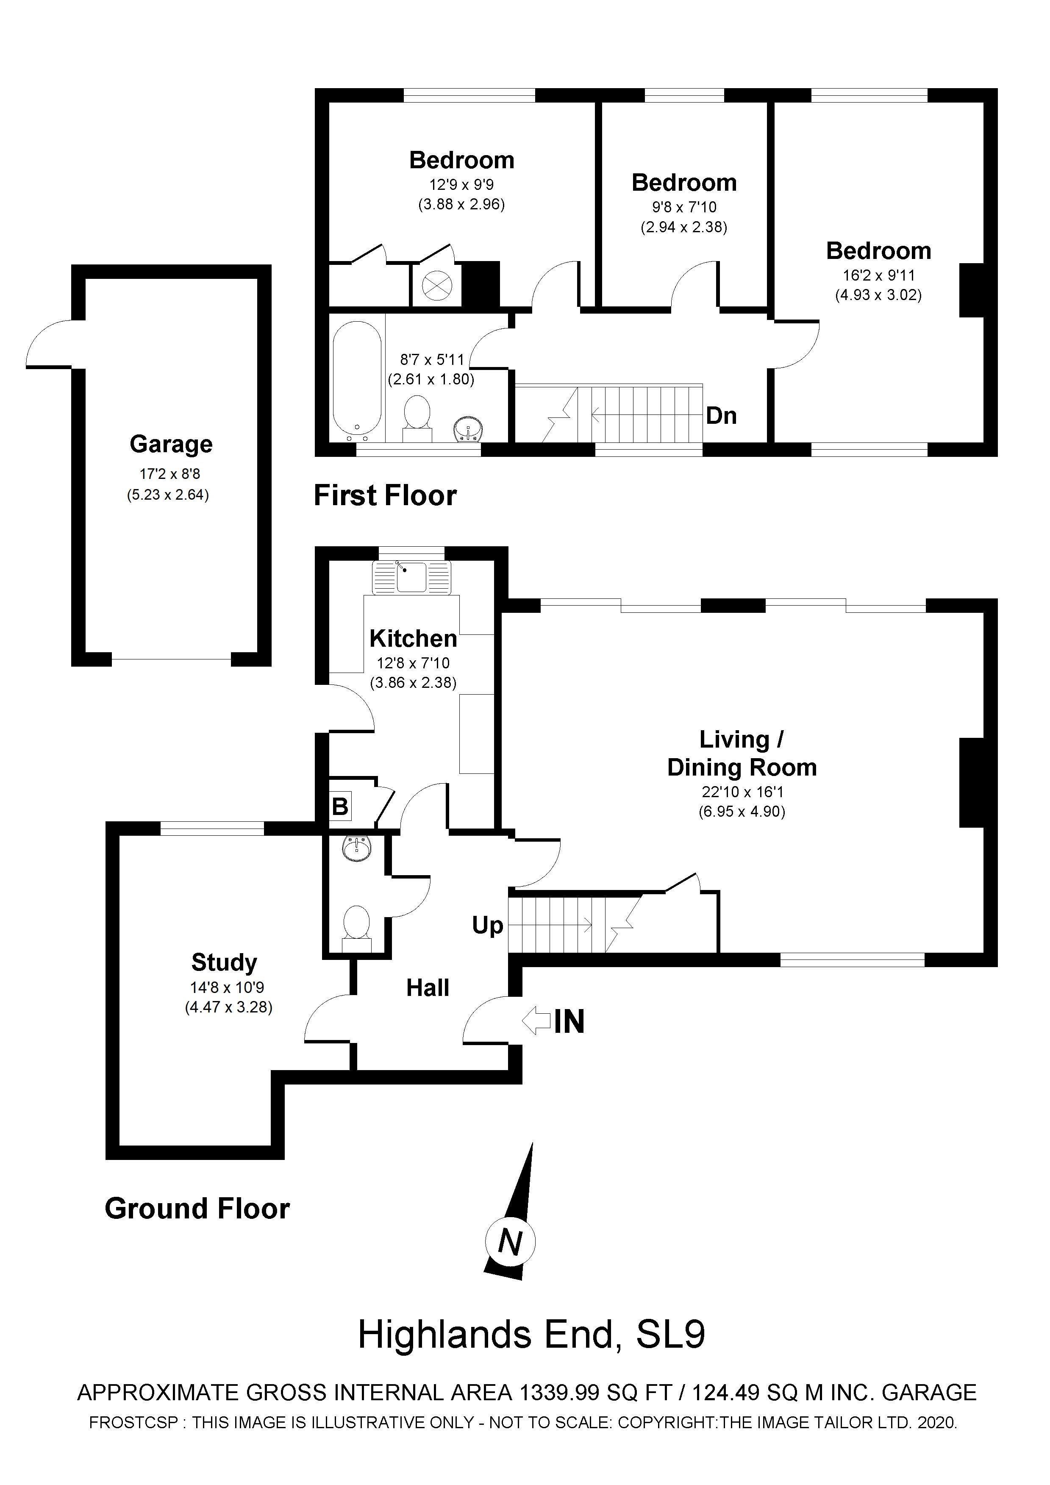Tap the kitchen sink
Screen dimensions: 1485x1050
(411, 578)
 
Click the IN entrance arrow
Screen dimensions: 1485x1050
(536, 1021)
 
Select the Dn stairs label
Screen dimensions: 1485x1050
(721, 415)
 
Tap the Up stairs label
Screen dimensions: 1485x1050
(487, 926)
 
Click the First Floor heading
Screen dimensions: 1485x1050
(385, 496)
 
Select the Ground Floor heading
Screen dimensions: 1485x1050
(197, 1209)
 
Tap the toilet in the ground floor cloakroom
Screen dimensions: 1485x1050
(356, 926)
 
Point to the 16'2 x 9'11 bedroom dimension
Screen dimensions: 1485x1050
(879, 275)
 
